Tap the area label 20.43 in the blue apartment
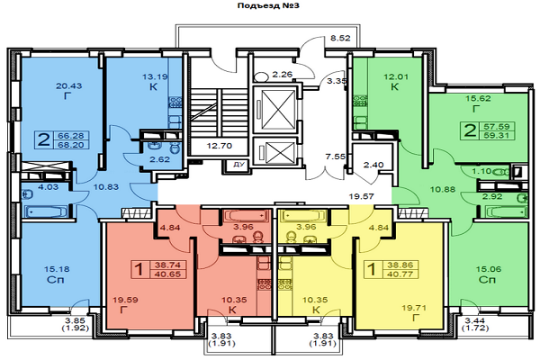[x=69, y=86]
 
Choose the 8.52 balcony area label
[x=340, y=40]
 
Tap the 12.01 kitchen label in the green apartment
[x=395, y=77]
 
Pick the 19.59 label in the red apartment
[x=126, y=300]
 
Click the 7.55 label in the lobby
[x=335, y=154]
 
